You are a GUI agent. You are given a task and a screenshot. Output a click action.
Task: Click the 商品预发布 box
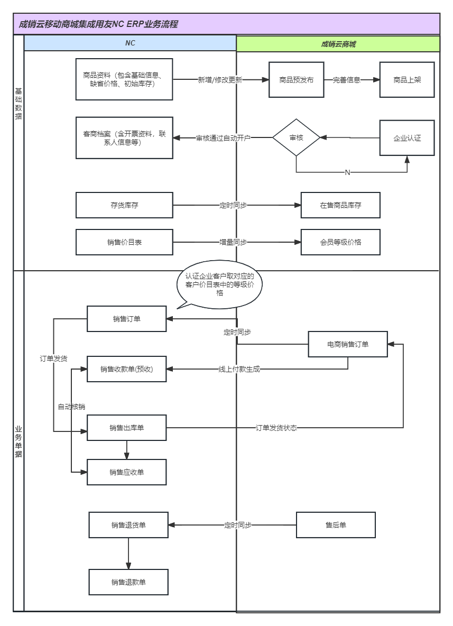point(296,80)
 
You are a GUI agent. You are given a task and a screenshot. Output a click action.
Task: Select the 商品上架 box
point(406,80)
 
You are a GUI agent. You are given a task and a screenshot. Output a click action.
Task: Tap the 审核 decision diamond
point(296,137)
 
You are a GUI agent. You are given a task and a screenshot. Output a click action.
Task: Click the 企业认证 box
point(406,138)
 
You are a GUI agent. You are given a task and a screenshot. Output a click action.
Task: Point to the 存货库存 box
point(124,205)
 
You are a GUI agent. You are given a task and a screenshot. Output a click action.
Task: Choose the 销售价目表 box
point(124,242)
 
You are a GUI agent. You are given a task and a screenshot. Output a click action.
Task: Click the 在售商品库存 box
point(340,205)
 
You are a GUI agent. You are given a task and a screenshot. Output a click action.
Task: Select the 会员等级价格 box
point(340,242)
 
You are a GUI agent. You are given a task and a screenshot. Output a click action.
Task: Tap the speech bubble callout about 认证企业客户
point(219,284)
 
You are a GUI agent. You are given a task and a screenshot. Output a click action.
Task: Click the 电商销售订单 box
point(348,344)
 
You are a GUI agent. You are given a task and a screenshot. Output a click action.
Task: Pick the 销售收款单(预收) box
point(126,369)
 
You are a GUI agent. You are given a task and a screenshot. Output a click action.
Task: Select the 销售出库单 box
point(126,428)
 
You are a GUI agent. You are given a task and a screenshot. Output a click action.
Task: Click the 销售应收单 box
point(126,472)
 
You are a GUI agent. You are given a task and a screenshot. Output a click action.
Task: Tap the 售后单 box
point(336,525)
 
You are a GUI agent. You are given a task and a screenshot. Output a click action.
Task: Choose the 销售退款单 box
point(128,582)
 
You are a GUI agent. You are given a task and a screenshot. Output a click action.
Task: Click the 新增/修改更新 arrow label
point(220,80)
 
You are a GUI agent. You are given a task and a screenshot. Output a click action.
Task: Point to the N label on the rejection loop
point(347,172)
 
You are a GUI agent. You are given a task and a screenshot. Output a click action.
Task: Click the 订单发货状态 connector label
point(276,428)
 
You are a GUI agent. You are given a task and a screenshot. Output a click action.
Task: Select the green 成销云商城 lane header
point(338,44)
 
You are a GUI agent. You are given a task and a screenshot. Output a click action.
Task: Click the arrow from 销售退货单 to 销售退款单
point(128,554)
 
